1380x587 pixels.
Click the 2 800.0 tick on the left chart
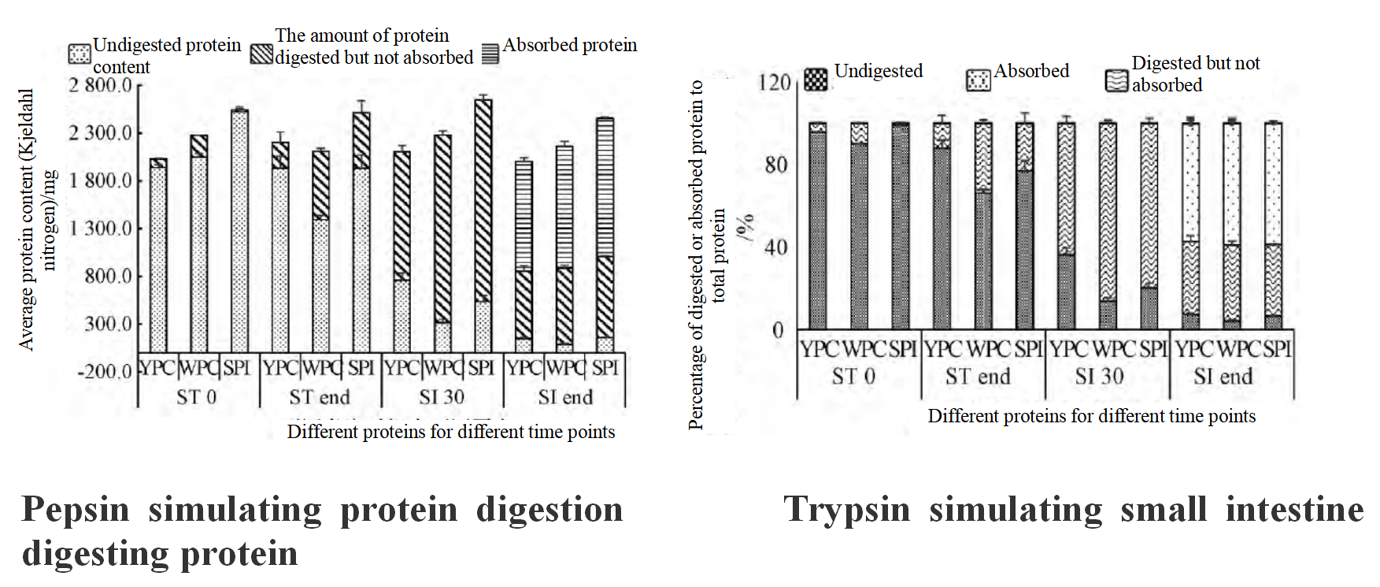[99, 85]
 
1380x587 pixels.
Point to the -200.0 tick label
[104, 372]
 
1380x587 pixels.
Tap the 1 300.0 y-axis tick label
[99, 228]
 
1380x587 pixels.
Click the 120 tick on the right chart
[774, 83]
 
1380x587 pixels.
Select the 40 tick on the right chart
[775, 247]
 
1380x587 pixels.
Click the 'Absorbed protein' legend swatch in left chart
[490, 53]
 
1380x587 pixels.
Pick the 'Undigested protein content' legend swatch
[80, 54]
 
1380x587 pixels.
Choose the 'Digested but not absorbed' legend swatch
[1117, 80]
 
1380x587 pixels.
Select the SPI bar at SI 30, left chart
[483, 225]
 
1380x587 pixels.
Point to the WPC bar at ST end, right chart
[983, 225]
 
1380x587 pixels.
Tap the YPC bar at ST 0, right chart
[818, 225]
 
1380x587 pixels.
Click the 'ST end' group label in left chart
[319, 397]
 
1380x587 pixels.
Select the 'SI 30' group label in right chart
[1099, 377]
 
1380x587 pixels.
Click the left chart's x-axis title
[451, 432]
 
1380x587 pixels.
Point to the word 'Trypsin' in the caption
[846, 510]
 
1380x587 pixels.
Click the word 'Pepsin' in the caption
[76, 510]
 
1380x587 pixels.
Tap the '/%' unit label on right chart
[745, 226]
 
